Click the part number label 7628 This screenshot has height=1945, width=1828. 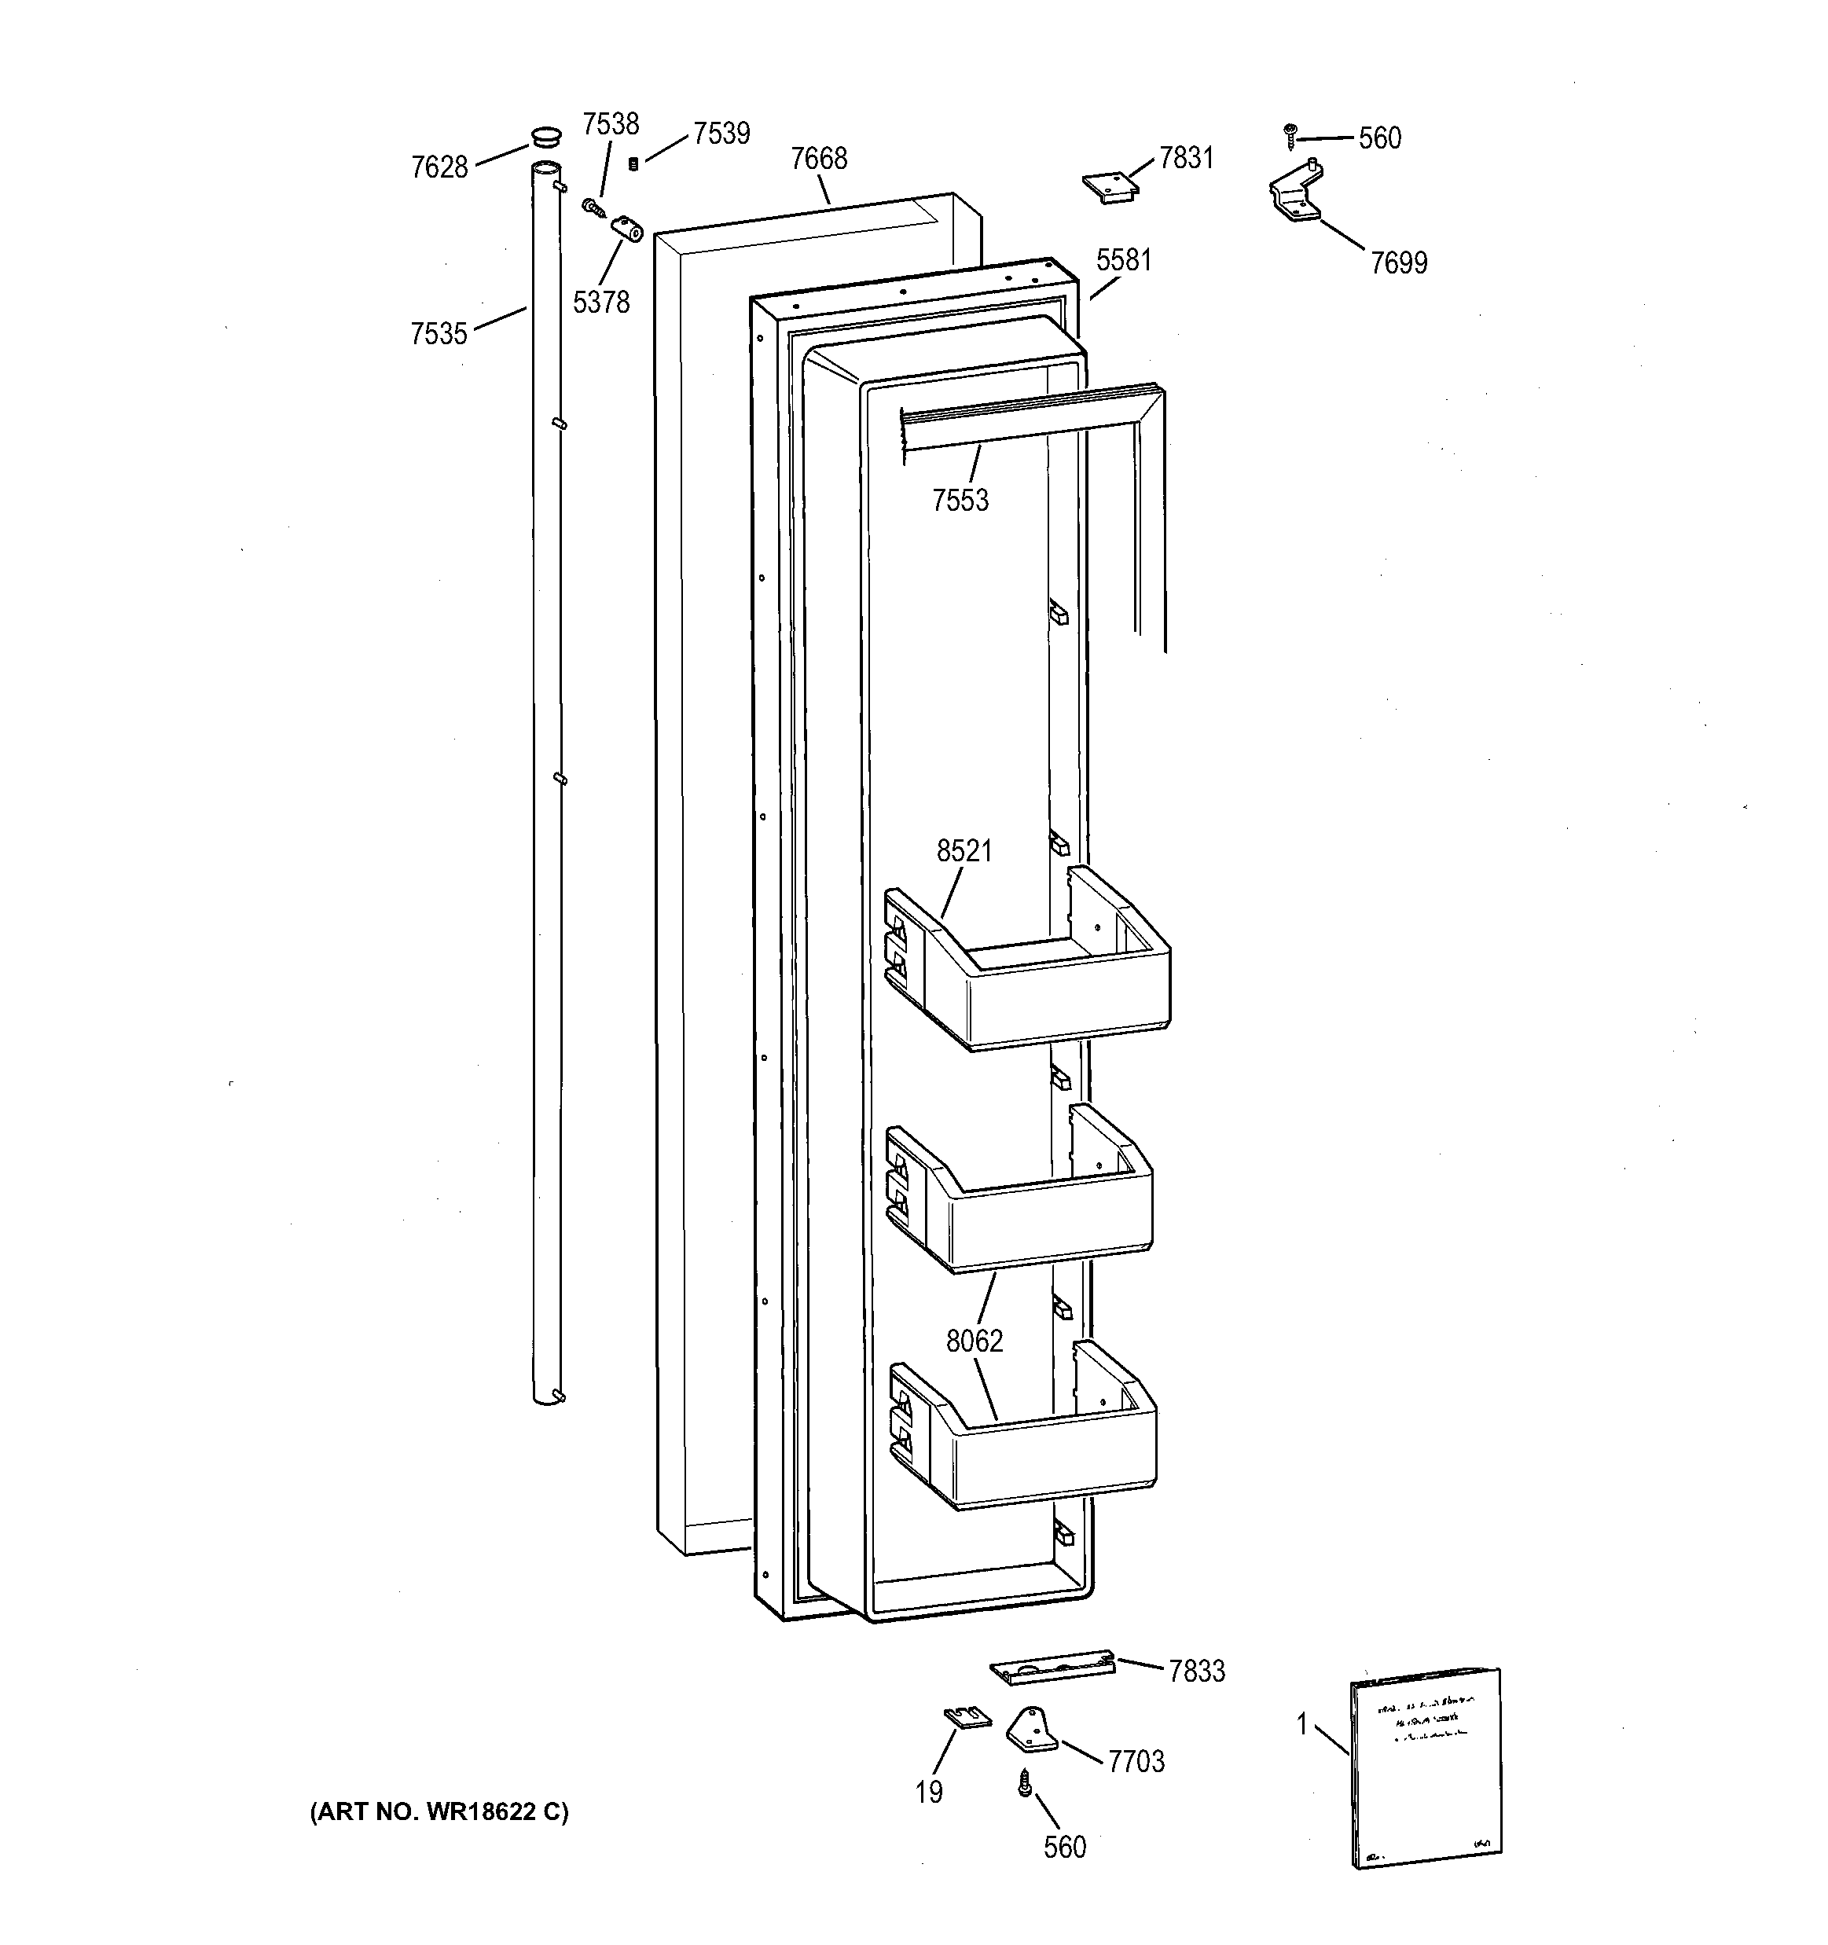439,167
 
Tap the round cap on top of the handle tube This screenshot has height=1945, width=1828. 546,135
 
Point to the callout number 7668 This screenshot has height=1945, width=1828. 818,159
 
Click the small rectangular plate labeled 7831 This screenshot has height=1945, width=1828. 1109,187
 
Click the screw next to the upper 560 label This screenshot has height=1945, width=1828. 1290,136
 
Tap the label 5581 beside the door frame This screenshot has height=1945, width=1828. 1123,260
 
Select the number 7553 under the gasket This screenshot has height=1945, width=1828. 960,501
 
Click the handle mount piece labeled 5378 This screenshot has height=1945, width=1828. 626,231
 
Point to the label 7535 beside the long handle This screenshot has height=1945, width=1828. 439,335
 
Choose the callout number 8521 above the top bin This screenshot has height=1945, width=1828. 964,851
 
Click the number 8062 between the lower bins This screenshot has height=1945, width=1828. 974,1341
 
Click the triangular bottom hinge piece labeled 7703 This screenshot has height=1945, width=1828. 1031,1729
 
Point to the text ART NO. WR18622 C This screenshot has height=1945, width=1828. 439,1812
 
